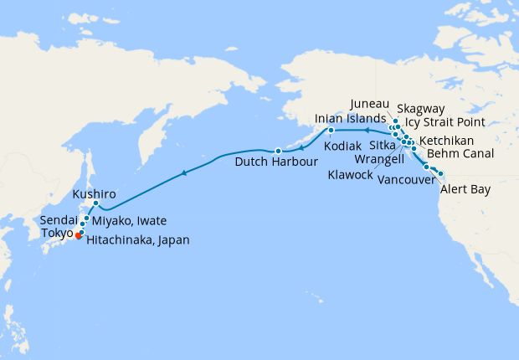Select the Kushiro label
point(94,193)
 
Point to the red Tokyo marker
point(78,236)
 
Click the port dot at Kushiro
point(96,203)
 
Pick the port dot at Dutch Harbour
point(278,151)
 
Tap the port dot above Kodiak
point(331,131)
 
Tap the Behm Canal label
point(460,153)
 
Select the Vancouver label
point(405,180)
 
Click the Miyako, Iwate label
point(129,220)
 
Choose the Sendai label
point(58,220)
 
